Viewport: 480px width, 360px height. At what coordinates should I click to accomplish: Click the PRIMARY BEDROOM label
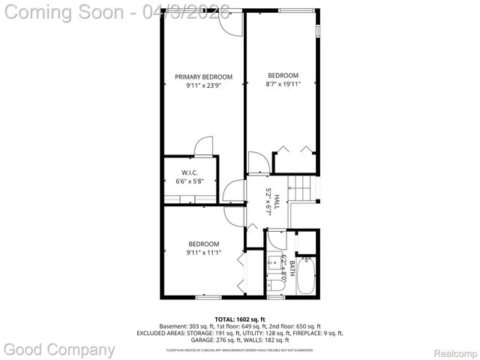tap(203, 76)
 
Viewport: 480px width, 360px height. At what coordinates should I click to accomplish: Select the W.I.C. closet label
tap(188, 172)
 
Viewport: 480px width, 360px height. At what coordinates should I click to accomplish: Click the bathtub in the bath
tap(306, 276)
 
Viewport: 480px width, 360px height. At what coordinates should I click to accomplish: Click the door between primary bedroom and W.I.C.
tap(203, 146)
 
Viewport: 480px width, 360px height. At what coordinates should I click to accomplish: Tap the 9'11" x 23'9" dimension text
tap(203, 85)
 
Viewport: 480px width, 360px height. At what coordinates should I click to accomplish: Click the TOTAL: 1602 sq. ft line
tap(240, 319)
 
